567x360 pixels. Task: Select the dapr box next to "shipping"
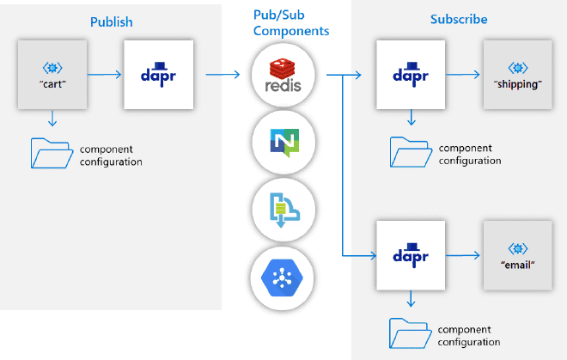411,75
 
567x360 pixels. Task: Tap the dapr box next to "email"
411,255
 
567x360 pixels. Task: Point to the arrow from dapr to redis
222,75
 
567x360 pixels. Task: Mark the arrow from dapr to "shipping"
466,75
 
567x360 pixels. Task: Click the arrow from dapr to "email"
466,255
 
